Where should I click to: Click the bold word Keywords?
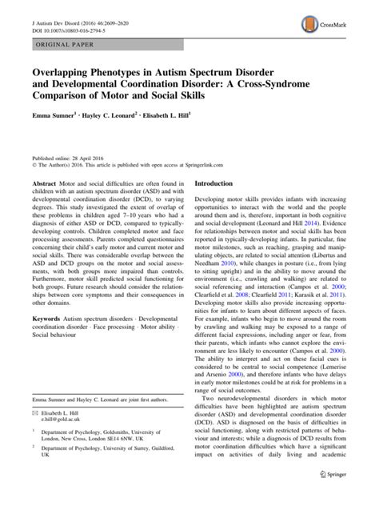pos(47,341)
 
